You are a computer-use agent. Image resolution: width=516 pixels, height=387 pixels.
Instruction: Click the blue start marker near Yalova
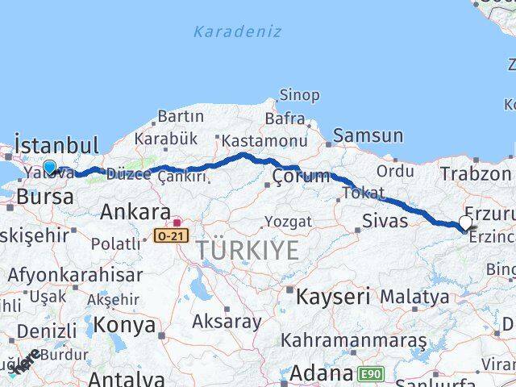(50, 168)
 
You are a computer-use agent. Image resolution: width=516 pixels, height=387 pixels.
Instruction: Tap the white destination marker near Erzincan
(466, 223)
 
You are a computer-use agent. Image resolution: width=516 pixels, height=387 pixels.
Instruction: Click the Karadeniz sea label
(237, 32)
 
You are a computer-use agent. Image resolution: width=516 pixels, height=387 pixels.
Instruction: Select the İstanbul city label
(57, 146)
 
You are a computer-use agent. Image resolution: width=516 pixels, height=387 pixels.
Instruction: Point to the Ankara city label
(135, 213)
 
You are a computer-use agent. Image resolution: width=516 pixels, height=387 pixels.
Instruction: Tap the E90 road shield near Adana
(372, 374)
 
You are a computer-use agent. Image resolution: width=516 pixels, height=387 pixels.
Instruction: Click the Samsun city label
(368, 135)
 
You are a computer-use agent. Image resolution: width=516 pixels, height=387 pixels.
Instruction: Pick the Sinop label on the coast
(299, 95)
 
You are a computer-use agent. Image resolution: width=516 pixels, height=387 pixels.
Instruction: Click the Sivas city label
(385, 219)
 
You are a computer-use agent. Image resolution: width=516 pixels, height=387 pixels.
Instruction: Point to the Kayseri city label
(333, 297)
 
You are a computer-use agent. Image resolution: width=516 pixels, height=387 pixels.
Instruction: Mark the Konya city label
(124, 325)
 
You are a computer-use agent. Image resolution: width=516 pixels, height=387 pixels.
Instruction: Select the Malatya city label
(414, 297)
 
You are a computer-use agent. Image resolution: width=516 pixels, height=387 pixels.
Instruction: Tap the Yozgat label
(288, 221)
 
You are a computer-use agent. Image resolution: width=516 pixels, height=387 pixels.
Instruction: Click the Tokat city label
(358, 193)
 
